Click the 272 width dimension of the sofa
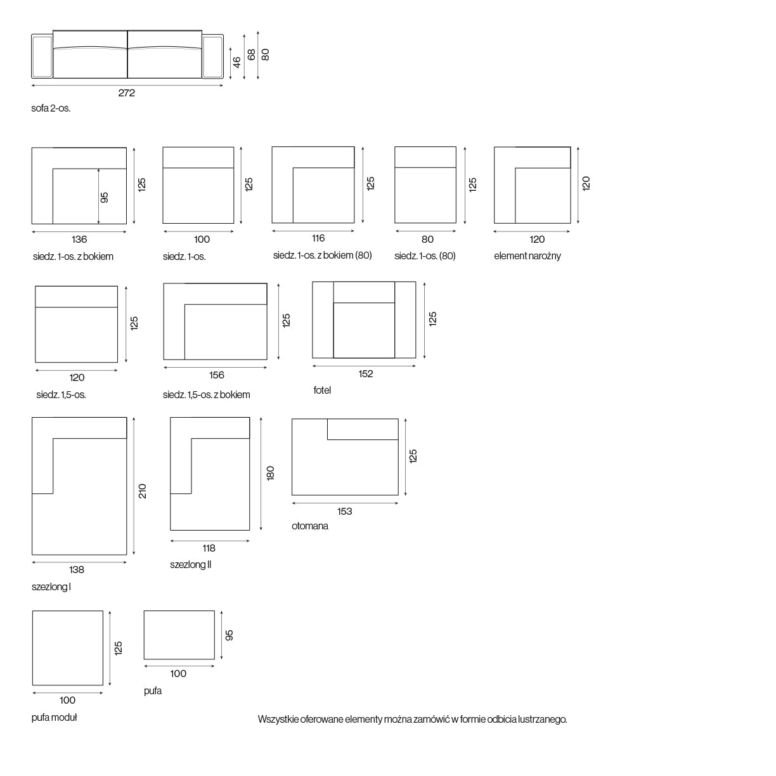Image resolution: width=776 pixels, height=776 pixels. (x=126, y=93)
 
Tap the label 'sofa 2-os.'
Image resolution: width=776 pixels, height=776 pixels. (x=51, y=108)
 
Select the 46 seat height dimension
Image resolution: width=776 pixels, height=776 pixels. (x=236, y=62)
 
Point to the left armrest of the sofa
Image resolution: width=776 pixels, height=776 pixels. (x=42, y=56)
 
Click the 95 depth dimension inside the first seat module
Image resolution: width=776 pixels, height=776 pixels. (x=104, y=197)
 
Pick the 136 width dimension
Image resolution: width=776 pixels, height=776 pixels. (x=79, y=240)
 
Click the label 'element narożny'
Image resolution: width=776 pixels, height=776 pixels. (x=527, y=255)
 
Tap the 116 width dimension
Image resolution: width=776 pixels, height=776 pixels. (x=318, y=238)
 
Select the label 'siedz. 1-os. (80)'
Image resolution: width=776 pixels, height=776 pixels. (x=425, y=255)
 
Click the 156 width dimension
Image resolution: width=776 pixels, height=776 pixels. (x=217, y=375)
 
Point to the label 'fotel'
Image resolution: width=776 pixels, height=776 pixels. (x=322, y=390)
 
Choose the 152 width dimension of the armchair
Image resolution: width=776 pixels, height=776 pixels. (x=366, y=374)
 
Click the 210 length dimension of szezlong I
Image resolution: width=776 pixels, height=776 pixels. (x=143, y=491)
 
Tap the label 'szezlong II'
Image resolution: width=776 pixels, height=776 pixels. (x=190, y=565)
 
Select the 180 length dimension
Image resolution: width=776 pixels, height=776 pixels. (x=270, y=473)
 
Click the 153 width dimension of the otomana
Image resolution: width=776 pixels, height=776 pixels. (x=345, y=512)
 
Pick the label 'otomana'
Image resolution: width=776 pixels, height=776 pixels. (x=309, y=526)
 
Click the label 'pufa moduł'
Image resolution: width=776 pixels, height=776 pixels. (x=54, y=717)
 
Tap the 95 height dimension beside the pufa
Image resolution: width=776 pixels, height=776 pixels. (x=229, y=635)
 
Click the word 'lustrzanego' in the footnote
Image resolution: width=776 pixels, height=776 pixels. (x=543, y=719)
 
